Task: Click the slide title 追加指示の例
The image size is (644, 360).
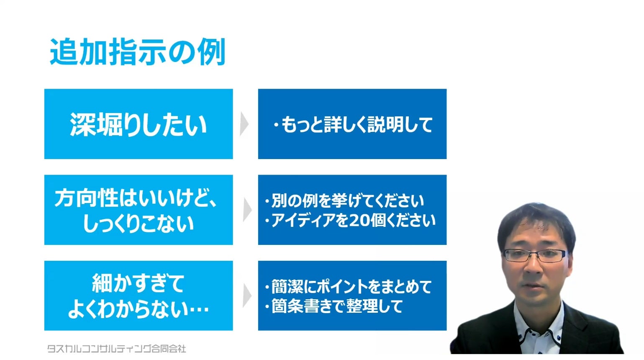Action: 137,52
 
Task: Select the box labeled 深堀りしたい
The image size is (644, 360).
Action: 139,124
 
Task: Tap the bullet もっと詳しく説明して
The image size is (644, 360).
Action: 353,125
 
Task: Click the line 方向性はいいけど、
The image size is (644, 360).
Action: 136,198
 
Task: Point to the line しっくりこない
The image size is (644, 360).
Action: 139,224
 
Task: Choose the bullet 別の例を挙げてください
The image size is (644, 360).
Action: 344,201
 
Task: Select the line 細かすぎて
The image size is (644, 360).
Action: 138,283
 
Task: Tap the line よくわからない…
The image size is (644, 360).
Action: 139,309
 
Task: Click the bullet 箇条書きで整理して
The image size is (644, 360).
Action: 334,306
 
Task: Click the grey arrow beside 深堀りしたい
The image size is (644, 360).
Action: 244,124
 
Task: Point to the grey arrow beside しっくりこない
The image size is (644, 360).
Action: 247,210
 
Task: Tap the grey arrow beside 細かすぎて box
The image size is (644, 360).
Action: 247,296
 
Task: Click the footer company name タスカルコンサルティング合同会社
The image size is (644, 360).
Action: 116,349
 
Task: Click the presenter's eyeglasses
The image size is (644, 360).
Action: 535,255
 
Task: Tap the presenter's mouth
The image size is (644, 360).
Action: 533,286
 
